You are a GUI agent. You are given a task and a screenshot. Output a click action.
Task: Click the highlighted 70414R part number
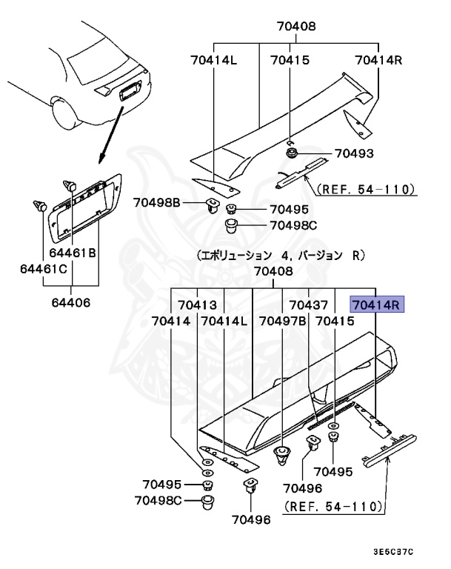coord(376,304)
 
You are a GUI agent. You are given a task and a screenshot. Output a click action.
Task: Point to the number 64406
coord(72,302)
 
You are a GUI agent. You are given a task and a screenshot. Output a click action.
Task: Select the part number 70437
coord(309,305)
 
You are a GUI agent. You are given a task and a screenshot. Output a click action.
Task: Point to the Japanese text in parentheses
coord(281,255)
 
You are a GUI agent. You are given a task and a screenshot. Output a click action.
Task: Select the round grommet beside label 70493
coord(293,154)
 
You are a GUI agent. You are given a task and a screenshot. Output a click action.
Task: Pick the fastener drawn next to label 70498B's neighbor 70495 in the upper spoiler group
coord(231,209)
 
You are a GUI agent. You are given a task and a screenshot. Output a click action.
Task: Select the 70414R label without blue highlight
coord(378,60)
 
